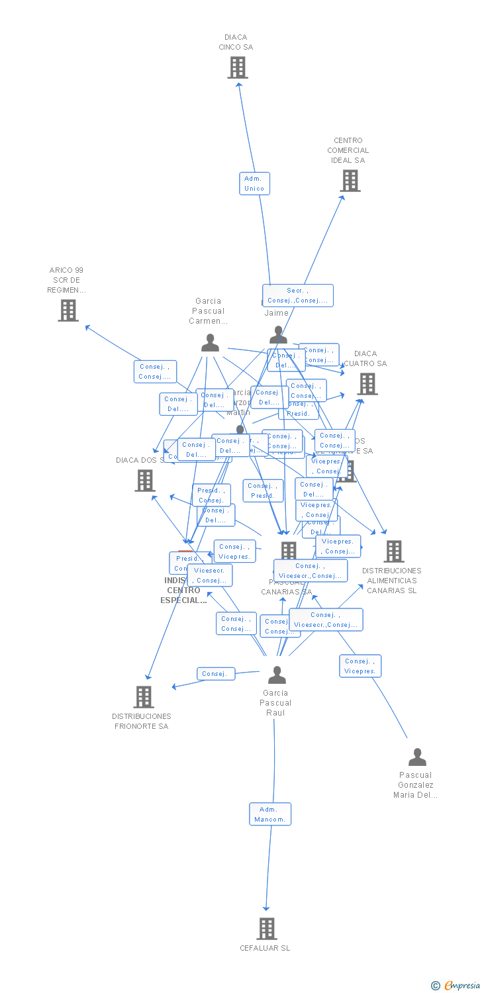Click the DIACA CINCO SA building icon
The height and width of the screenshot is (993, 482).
tap(238, 68)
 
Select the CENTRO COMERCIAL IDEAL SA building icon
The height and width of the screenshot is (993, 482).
tap(350, 181)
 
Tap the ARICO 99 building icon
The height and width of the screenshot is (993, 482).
tap(68, 310)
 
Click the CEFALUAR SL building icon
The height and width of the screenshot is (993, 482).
tap(267, 929)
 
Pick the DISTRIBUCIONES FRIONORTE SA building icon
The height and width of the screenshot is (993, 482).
tap(144, 697)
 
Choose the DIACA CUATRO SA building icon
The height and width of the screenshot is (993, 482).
tap(367, 384)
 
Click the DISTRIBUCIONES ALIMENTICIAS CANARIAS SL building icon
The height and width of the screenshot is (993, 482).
tap(394, 551)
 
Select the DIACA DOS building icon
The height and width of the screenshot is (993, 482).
tap(145, 481)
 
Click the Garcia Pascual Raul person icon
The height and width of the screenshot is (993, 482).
tap(277, 675)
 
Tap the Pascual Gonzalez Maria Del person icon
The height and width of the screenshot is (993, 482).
tap(417, 757)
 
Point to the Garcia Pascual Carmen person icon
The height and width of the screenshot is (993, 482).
tap(210, 343)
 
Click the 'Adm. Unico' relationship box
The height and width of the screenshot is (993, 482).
tap(254, 183)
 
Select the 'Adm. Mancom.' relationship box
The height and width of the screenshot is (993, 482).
tap(270, 814)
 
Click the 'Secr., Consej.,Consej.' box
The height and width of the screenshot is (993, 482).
tap(297, 295)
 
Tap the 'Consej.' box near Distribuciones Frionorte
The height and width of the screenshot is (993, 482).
tap(216, 674)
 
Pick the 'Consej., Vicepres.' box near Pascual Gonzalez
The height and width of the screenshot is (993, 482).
tap(360, 666)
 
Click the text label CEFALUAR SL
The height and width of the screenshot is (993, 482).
tap(265, 948)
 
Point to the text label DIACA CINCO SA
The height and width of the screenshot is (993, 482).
tap(236, 42)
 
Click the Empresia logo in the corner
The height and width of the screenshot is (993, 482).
tap(456, 986)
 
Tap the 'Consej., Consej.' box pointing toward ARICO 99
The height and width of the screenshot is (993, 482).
tap(155, 371)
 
